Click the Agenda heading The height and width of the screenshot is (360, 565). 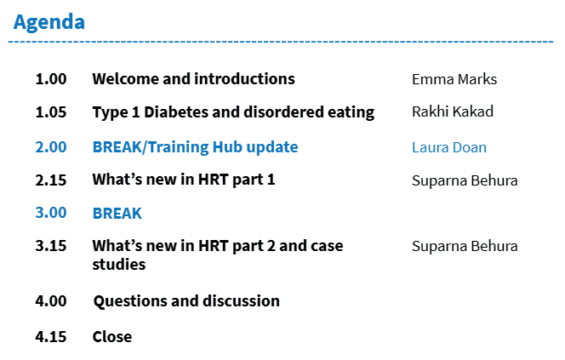49,23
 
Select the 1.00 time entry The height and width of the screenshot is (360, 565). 51,79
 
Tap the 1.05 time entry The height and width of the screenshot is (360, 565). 51,112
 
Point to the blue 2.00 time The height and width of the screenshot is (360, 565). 51,147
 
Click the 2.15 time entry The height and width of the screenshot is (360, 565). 51,180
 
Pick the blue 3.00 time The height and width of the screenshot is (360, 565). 51,213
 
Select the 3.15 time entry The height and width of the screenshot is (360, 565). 51,246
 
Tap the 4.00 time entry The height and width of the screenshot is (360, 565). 51,301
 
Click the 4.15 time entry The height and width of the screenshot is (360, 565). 51,336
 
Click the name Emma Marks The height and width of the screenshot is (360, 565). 454,79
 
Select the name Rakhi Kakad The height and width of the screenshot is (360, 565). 453,111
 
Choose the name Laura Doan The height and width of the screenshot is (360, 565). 449,147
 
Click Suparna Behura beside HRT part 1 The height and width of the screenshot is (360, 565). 465,180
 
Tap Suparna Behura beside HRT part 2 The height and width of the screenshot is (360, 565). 465,246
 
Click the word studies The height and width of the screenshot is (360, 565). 119,265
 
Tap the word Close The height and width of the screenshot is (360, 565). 112,336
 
